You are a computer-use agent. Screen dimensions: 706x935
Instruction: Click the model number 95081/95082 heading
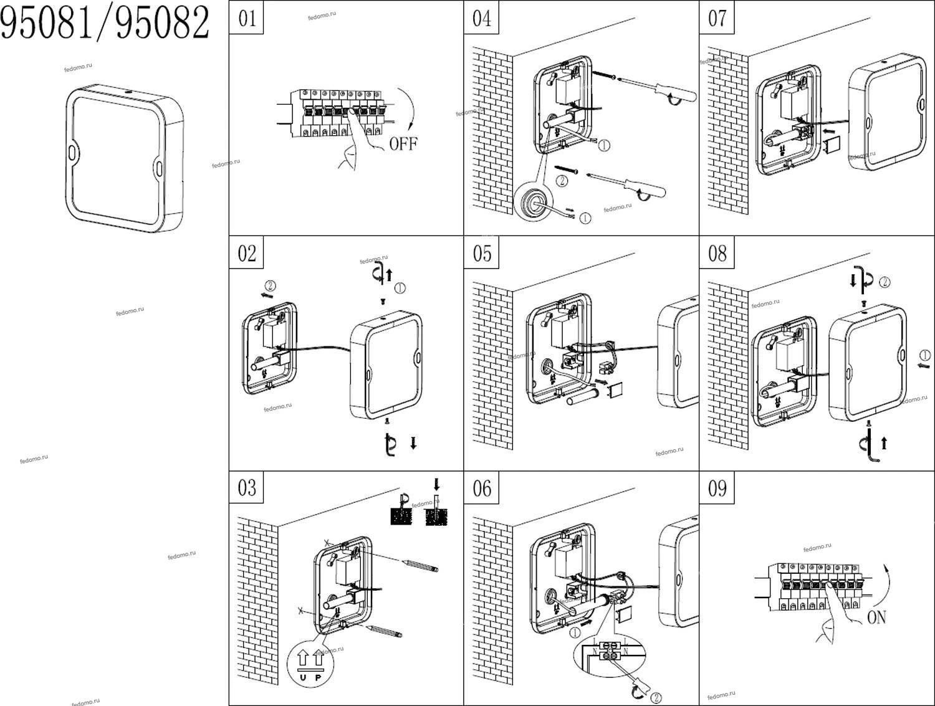[x=105, y=24]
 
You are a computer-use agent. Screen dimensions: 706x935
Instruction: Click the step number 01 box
[x=247, y=18]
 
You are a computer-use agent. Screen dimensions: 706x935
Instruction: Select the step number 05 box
[x=482, y=253]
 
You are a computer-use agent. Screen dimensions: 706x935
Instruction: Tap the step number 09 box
[x=717, y=488]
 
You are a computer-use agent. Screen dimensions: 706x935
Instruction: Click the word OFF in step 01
[x=403, y=144]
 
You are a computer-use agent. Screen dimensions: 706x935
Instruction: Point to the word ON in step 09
[x=876, y=618]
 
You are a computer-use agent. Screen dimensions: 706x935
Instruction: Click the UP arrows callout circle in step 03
[x=310, y=663]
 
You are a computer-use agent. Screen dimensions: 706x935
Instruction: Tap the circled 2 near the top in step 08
[x=885, y=282]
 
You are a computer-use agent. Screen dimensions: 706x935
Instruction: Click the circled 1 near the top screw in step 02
[x=400, y=288]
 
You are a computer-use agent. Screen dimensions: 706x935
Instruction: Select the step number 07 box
[x=717, y=18]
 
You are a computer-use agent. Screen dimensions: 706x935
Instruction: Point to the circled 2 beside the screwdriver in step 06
[x=656, y=697]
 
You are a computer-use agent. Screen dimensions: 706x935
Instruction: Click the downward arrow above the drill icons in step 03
[x=436, y=484]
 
